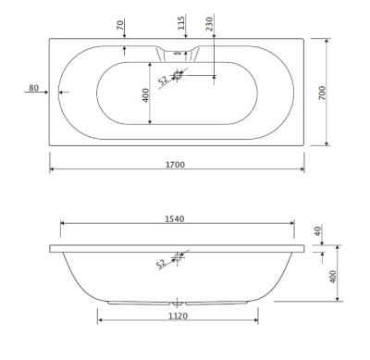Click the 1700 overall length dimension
coord(175,165)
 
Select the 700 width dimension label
coord(322,93)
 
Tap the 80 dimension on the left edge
coord(34,88)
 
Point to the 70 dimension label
coord(120,25)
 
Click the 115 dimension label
coord(181,23)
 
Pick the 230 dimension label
coord(210,24)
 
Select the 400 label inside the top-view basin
coord(146,95)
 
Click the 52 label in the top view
coord(163,81)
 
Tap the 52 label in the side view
coord(161,264)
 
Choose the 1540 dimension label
coord(175,218)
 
